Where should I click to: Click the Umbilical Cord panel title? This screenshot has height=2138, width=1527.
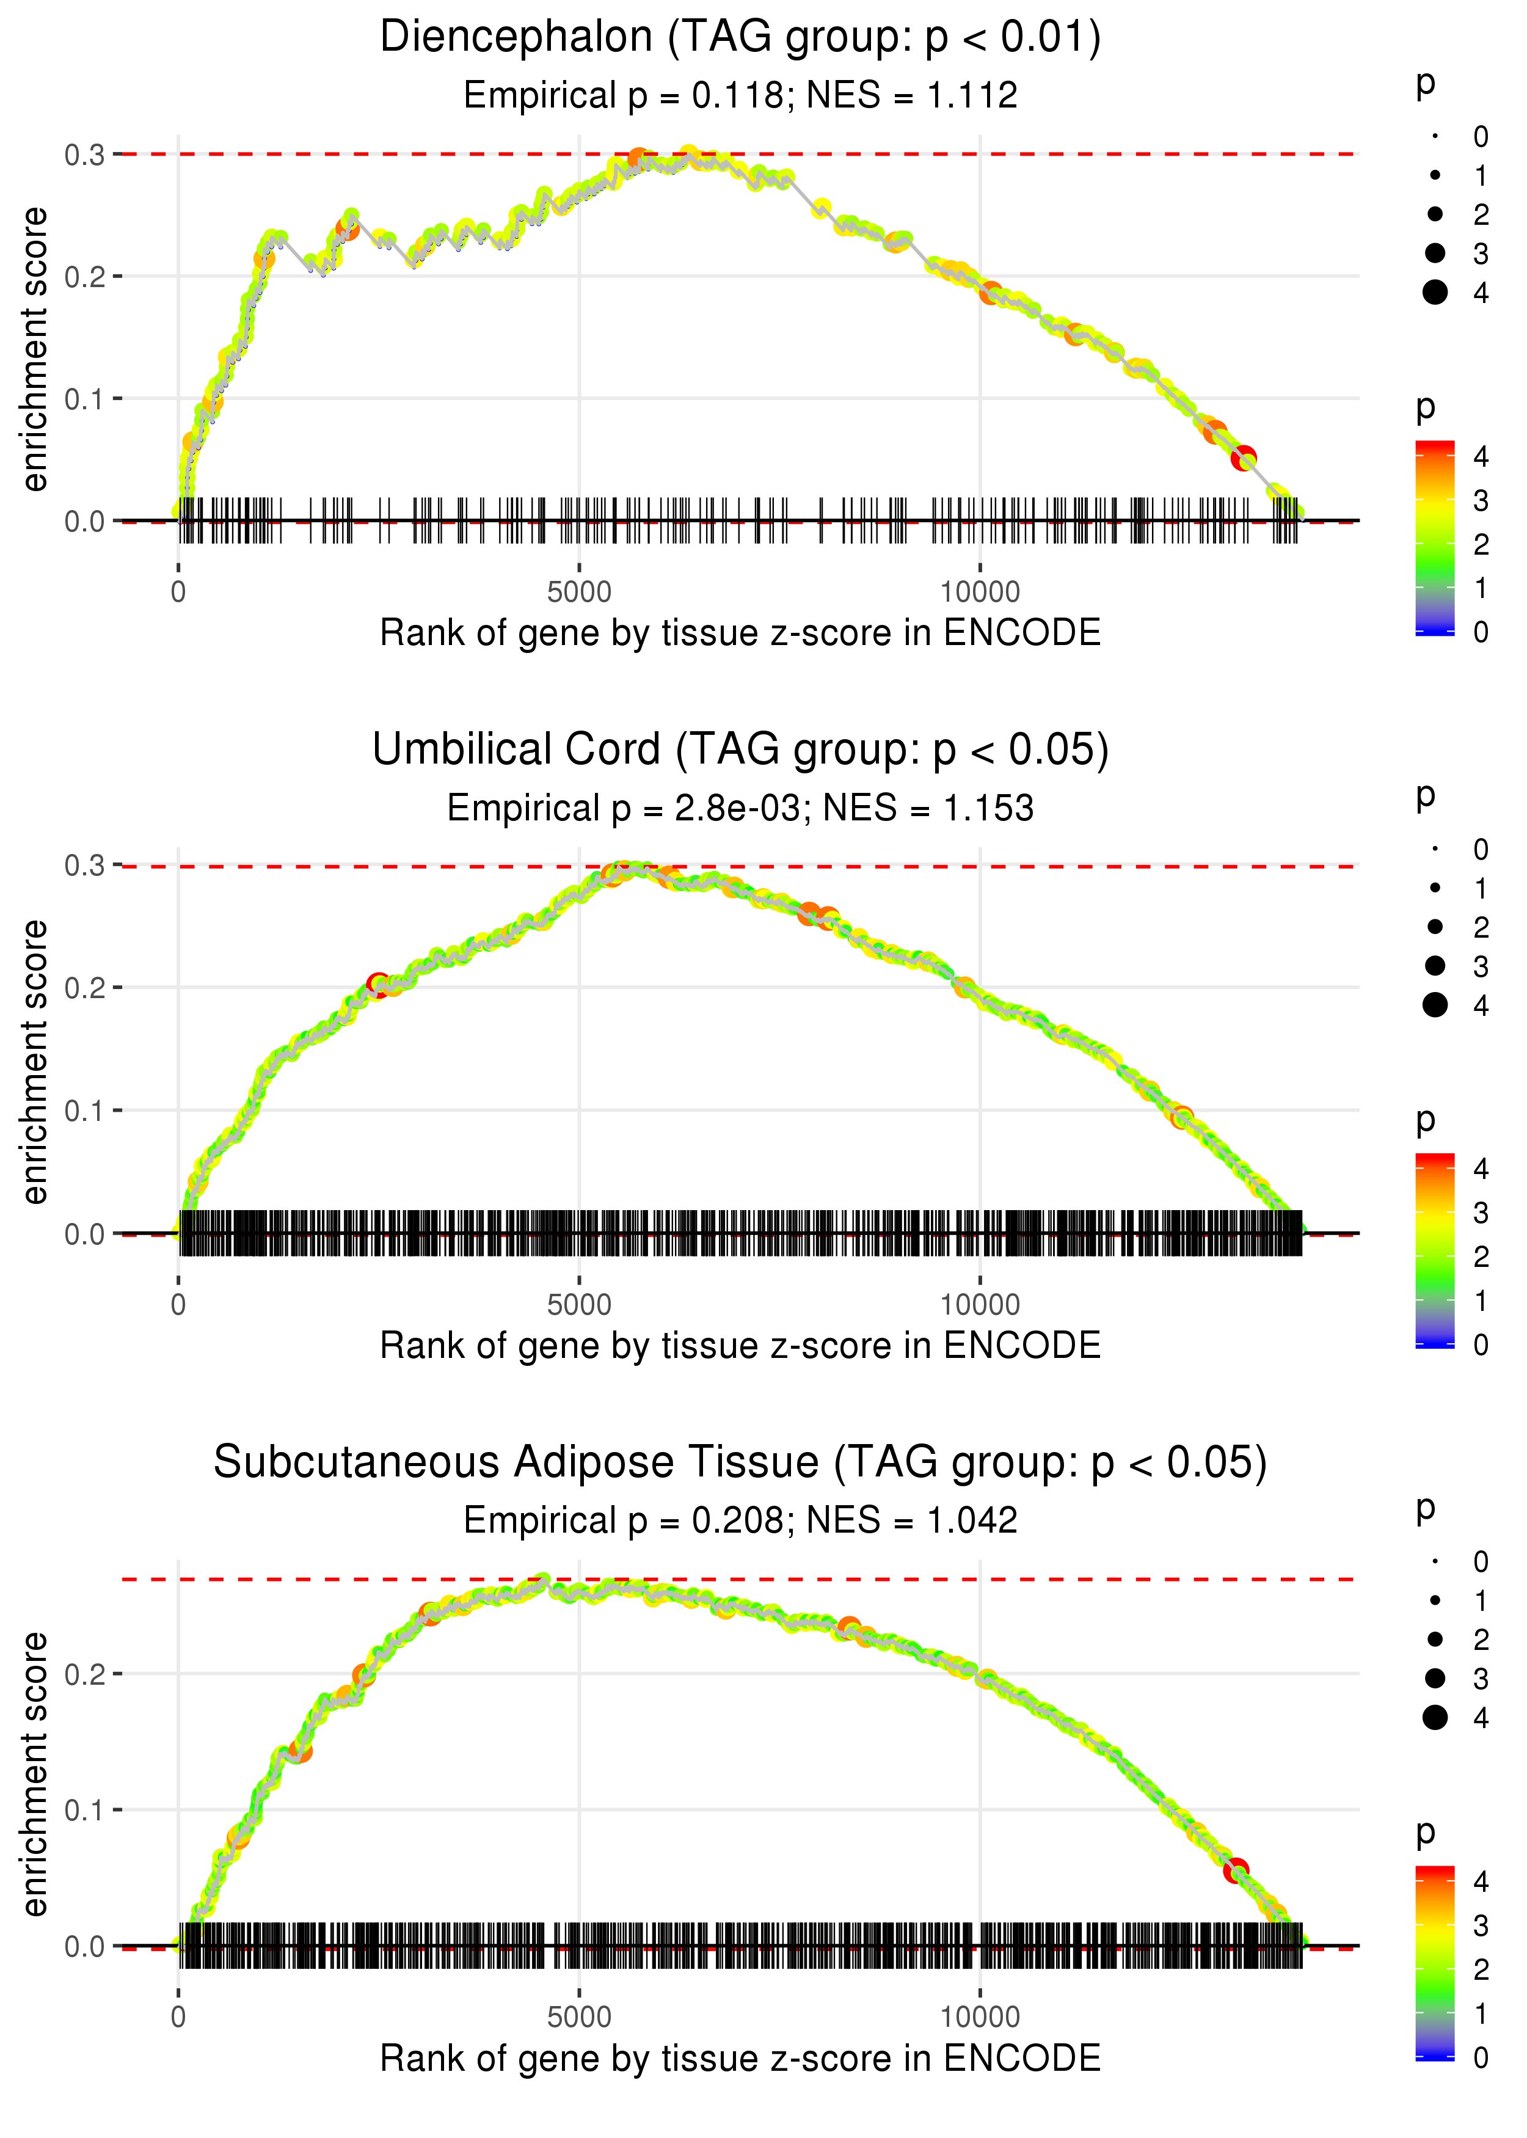(x=740, y=750)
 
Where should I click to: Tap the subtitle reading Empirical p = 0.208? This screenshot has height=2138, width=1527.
(x=740, y=1520)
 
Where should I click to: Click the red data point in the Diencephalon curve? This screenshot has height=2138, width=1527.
(x=1244, y=459)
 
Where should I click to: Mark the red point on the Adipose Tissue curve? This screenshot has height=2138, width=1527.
(x=1236, y=1870)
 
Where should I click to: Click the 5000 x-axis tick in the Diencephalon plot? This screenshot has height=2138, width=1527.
(x=579, y=593)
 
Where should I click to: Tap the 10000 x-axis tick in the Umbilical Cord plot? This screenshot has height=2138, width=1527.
(x=980, y=1305)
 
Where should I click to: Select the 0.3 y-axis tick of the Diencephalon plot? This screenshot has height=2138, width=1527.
(x=85, y=154)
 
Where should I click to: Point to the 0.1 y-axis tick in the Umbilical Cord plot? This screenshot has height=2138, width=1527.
(x=85, y=1111)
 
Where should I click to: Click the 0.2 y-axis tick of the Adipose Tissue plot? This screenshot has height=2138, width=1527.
(x=85, y=1674)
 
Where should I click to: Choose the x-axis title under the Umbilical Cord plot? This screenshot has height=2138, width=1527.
(x=740, y=1346)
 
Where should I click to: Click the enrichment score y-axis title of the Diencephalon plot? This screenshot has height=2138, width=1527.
(x=35, y=350)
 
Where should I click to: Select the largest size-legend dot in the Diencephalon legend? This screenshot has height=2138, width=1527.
(x=1435, y=293)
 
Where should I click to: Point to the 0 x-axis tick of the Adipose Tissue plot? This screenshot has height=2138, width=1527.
(x=178, y=2016)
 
